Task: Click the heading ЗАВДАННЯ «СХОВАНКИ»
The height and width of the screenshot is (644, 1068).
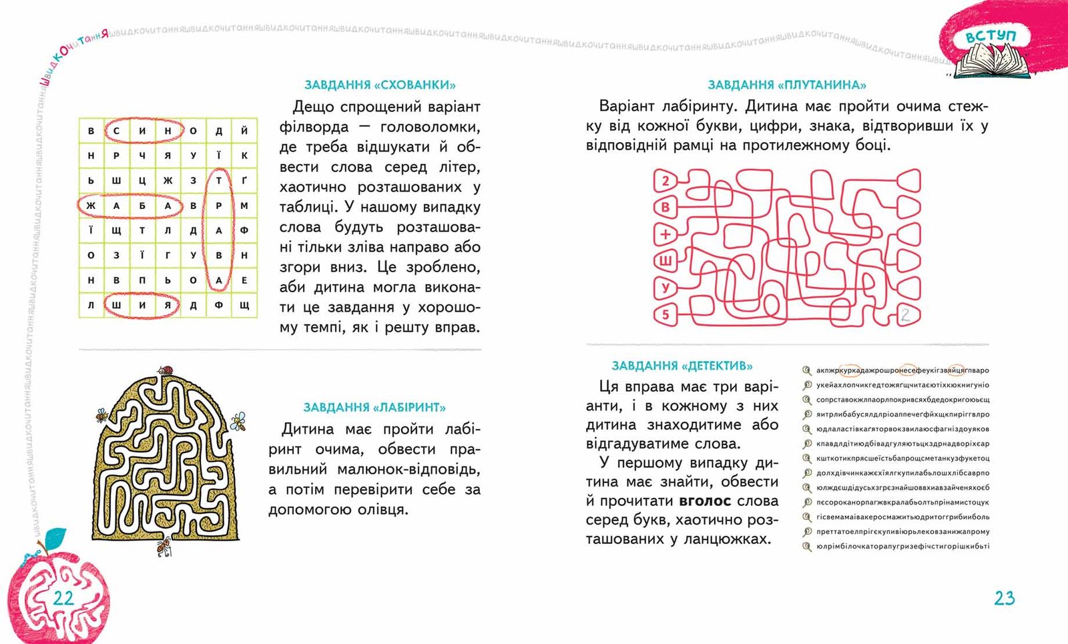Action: click(380, 85)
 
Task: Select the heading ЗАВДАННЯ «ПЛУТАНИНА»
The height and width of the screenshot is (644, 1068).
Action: click(786, 85)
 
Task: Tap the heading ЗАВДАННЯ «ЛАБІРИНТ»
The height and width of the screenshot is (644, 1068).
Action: click(374, 407)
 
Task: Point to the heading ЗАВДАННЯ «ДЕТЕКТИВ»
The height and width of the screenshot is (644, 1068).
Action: click(682, 366)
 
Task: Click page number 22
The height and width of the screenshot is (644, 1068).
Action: click(63, 597)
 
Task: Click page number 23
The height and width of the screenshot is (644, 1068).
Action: click(1004, 598)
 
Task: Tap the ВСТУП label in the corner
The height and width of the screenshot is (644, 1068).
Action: click(991, 36)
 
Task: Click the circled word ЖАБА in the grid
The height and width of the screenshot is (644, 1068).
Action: click(129, 206)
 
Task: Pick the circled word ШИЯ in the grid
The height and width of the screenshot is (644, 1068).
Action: click(142, 305)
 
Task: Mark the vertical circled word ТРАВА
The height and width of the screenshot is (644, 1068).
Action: click(219, 230)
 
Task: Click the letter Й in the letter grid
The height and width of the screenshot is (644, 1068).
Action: click(244, 131)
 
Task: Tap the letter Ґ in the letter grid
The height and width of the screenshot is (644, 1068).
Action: click(244, 180)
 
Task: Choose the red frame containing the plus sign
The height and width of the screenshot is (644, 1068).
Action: click(665, 234)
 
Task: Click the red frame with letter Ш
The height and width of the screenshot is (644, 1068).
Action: click(665, 261)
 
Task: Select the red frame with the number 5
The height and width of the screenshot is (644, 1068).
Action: click(665, 314)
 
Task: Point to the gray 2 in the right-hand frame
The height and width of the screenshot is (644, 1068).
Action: click(905, 314)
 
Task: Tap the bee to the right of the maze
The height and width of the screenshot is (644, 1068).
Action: click(238, 420)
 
